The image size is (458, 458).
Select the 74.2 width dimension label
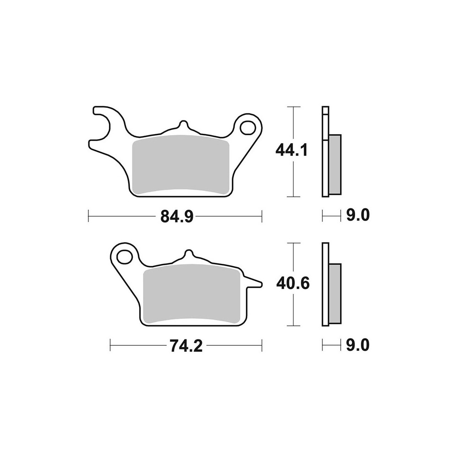coord(186,346)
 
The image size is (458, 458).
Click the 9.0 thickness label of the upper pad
coord(358,215)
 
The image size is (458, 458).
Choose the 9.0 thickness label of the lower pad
coord(358,345)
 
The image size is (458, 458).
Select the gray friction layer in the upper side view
coord(335,164)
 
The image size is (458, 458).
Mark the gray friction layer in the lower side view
coord(335,293)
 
